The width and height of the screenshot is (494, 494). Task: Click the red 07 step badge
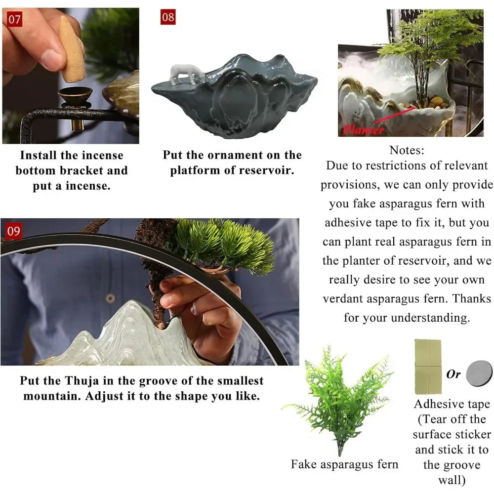tap(15, 19)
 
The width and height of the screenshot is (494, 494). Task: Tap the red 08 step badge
tap(168, 17)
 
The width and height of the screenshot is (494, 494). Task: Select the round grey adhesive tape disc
tap(479, 373)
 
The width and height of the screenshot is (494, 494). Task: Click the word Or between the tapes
tap(453, 374)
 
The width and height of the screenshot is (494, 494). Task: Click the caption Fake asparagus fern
tap(344, 464)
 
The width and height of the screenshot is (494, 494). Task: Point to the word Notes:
tap(407, 150)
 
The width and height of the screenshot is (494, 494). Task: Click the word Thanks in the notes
tap(472, 298)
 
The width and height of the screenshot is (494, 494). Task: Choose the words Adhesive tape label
tap(452, 404)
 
